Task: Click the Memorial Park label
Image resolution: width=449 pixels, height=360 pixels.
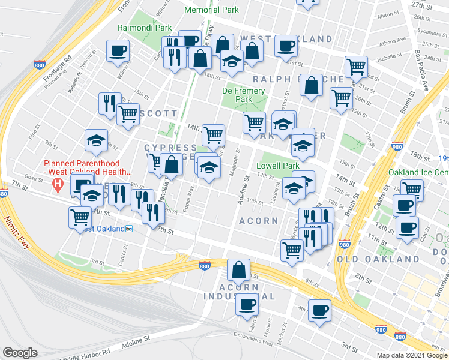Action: pyautogui.click(x=211, y=10)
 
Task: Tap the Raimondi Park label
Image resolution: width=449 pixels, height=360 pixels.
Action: pyautogui.click(x=145, y=28)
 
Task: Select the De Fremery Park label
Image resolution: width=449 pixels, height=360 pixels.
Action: pyautogui.click(x=243, y=95)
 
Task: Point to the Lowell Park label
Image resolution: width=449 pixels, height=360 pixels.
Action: pyautogui.click(x=277, y=166)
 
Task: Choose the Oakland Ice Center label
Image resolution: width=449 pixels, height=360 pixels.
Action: pyautogui.click(x=419, y=172)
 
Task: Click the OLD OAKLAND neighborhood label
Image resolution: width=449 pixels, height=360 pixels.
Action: pyautogui.click(x=378, y=259)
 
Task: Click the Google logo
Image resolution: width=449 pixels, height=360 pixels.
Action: pyautogui.click(x=20, y=353)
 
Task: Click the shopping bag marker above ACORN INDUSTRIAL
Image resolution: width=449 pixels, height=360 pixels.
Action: pyautogui.click(x=239, y=271)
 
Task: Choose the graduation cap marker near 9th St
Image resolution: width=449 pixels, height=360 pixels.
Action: pyautogui.click(x=96, y=141)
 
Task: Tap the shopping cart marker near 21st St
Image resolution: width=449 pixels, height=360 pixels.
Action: pyautogui.click(x=356, y=67)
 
